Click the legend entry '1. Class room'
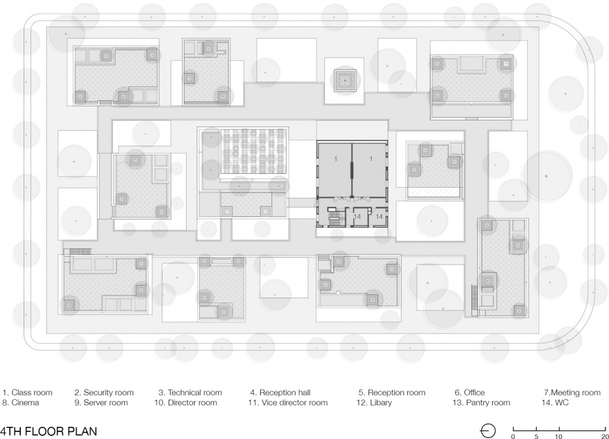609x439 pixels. click(27, 393)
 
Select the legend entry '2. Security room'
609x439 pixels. click(104, 393)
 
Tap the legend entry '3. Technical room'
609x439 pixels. click(190, 393)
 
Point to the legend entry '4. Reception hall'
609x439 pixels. click(280, 393)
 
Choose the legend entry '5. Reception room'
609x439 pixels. click(392, 393)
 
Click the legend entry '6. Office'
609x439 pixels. click(470, 393)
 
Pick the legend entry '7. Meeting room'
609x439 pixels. click(572, 393)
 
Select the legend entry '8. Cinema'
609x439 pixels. click(20, 402)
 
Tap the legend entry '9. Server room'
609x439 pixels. click(101, 402)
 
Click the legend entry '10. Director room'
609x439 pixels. click(186, 402)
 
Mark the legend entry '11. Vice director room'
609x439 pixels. click(288, 402)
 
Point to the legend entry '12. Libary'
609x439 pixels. click(374, 402)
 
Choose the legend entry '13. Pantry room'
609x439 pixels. click(481, 402)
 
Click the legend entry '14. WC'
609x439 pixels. click(555, 402)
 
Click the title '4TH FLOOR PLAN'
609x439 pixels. click(48, 431)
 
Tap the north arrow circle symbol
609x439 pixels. click(488, 431)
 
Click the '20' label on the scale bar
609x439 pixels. click(605, 436)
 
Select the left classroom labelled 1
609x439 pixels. click(334, 169)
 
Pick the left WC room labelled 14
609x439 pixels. click(357, 217)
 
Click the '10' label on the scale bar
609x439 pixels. click(558, 436)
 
